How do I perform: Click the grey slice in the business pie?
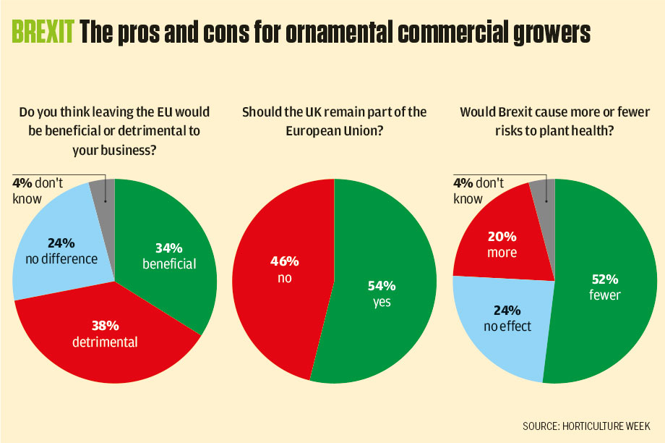click(x=103, y=192)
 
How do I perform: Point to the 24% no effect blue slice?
click(x=506, y=326)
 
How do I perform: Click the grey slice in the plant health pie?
click(x=541, y=192)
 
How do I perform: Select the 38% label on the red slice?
click(x=104, y=326)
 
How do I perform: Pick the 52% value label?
click(x=604, y=279)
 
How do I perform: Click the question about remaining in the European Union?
click(x=334, y=122)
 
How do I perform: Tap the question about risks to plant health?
click(x=554, y=122)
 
